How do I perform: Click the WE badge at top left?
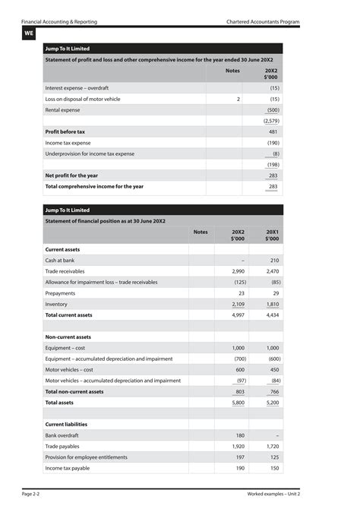(29, 33)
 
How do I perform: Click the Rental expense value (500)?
(272, 110)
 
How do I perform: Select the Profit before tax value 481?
(273, 131)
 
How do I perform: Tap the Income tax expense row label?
(68, 143)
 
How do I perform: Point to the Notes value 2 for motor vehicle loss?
(238, 99)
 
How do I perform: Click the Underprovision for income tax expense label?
(90, 153)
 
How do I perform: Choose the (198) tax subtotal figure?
(272, 164)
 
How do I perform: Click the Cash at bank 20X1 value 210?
(274, 260)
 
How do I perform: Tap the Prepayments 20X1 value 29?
(276, 292)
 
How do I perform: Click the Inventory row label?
(56, 304)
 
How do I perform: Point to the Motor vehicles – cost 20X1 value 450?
(273, 369)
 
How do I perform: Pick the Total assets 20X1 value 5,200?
(273, 403)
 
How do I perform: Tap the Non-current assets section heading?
(68, 337)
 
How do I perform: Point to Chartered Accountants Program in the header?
(263, 21)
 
